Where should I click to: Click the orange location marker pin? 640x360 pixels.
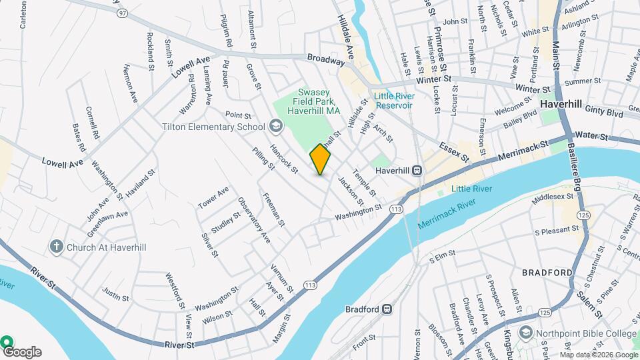(x=320, y=160)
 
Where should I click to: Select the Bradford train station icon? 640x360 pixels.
(x=387, y=309)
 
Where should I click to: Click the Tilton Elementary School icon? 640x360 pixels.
(x=275, y=127)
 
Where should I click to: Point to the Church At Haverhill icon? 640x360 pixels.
(x=56, y=247)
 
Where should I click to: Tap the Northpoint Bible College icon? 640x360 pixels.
(x=527, y=333)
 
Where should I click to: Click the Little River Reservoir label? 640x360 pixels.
(x=393, y=101)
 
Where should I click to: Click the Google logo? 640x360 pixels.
(x=22, y=351)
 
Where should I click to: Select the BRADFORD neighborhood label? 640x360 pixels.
(x=547, y=273)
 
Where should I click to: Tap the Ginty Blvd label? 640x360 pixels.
(x=604, y=115)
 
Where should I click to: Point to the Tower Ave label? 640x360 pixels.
(x=213, y=197)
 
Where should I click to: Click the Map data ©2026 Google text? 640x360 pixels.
(x=599, y=354)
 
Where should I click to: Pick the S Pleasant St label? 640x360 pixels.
(x=557, y=231)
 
